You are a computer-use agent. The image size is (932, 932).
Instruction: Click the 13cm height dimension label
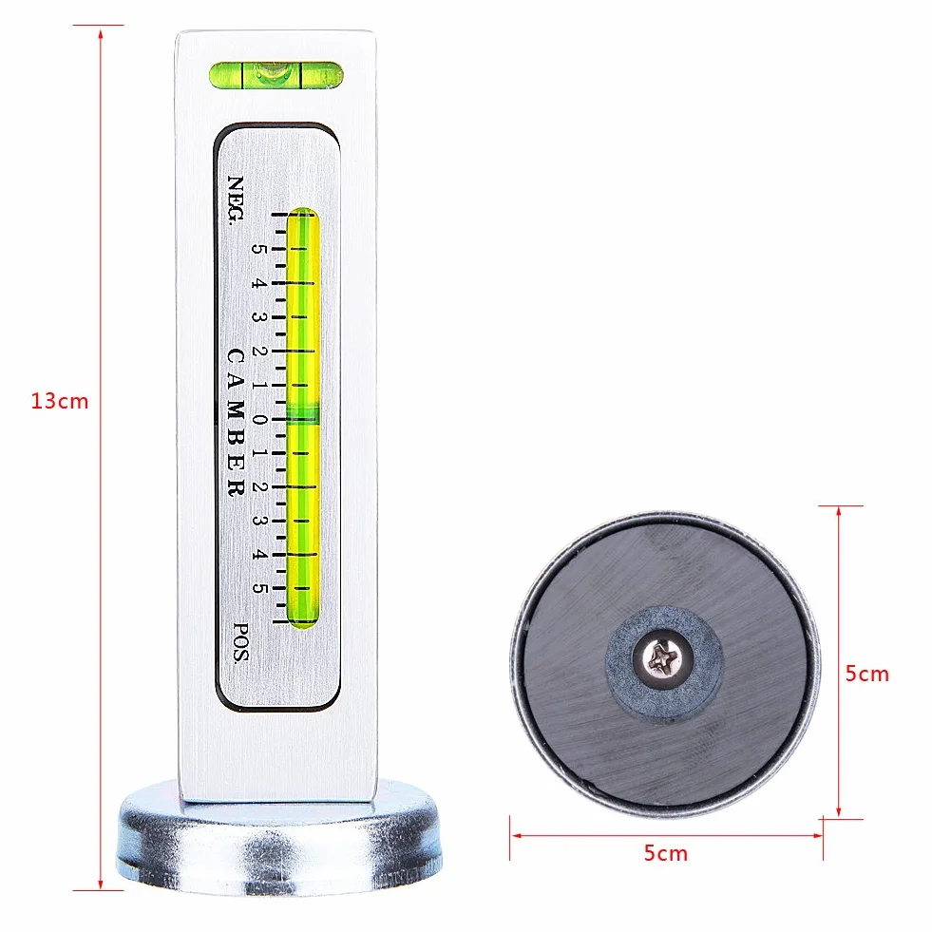coord(60,401)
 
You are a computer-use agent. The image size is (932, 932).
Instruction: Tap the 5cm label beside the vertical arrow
coord(867,674)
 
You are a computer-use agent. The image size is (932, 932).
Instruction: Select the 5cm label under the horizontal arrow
coord(666,853)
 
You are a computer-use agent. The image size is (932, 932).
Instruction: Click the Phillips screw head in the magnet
coord(663,658)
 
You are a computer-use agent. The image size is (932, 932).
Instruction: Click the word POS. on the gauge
coord(240,642)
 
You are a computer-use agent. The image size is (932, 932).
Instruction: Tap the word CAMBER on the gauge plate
coord(236,423)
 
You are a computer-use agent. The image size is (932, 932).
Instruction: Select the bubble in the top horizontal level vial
coord(273,73)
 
